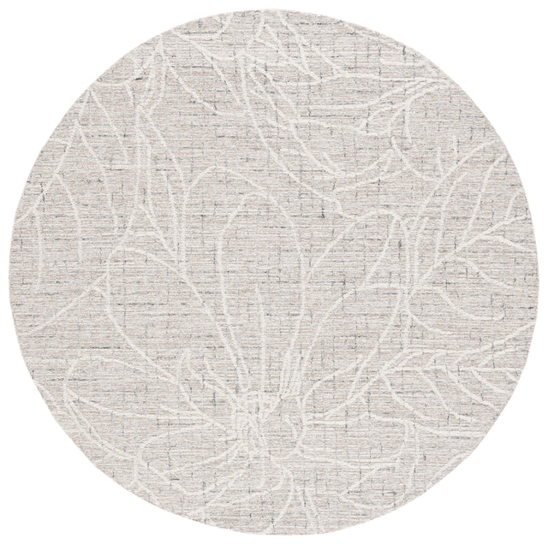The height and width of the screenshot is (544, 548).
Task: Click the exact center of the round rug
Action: pos(274,272)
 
